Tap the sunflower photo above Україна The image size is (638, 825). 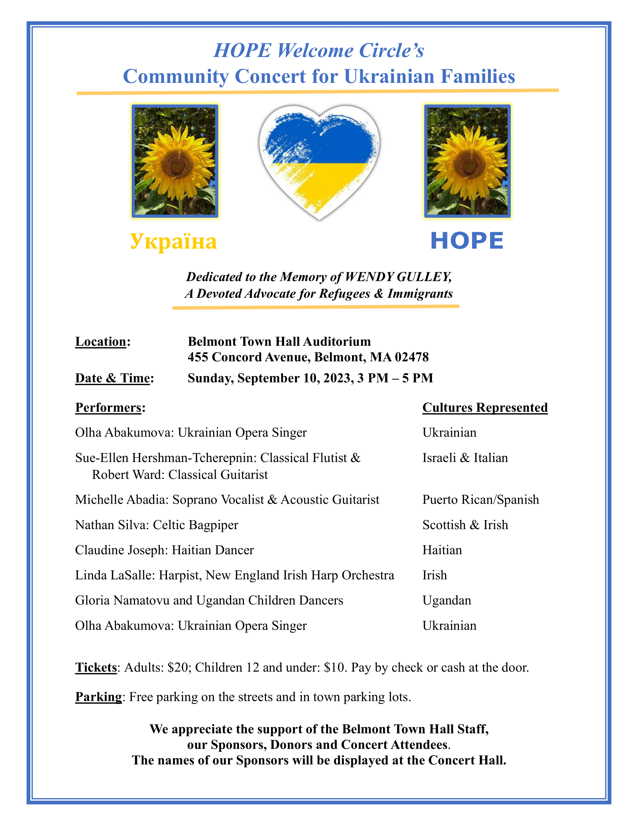coord(175,161)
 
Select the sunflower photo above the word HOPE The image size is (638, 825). coord(467,161)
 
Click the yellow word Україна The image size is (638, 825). coord(173,241)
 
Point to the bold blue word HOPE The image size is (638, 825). coord(467,241)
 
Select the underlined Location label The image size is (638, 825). coord(101,342)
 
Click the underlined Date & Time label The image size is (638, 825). coord(112,378)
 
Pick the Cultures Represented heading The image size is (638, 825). coord(485,407)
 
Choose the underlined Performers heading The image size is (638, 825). coord(108,408)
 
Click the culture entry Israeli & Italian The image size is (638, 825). coord(465,458)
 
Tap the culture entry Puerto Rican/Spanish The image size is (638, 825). coord(480,500)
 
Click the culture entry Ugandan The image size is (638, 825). coord(447,600)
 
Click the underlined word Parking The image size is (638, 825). coord(98,697)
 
